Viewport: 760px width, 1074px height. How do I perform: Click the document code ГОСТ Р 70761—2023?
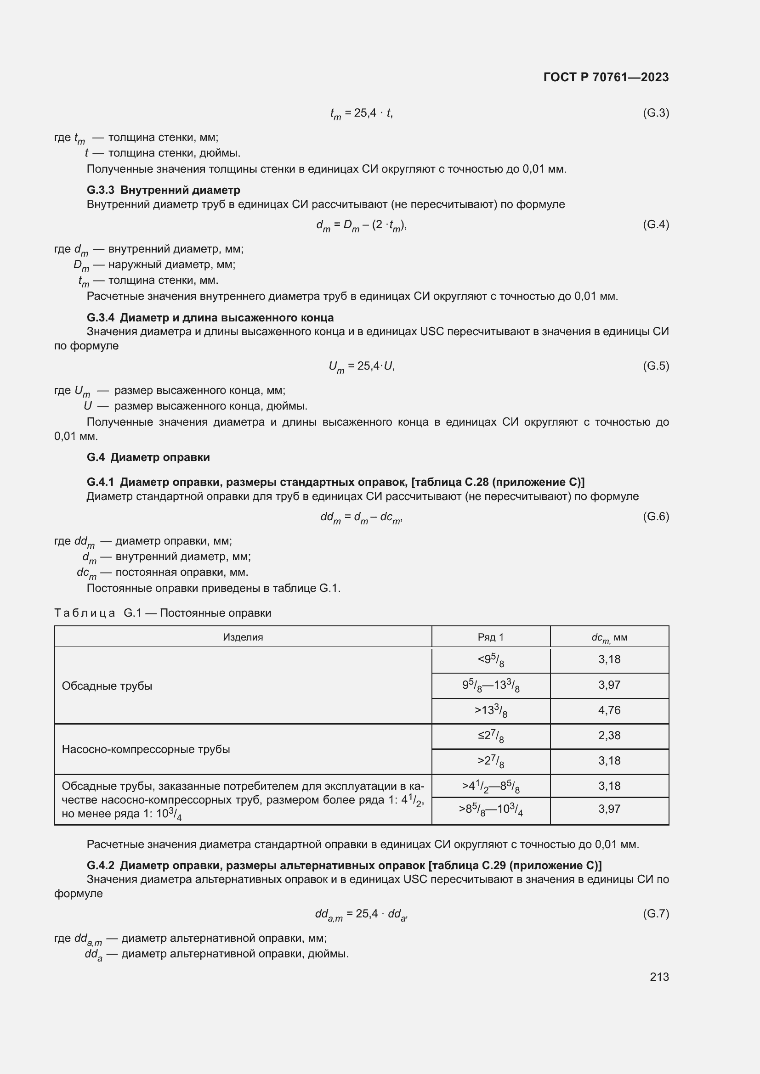pos(606,77)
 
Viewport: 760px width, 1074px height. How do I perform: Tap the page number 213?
pos(659,977)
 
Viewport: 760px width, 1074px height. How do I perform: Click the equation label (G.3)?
pos(656,113)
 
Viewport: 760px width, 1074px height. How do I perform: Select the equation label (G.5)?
pos(656,366)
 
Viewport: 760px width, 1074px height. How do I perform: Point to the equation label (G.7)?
pos(656,913)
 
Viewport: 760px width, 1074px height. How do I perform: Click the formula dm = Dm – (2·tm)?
pos(361,225)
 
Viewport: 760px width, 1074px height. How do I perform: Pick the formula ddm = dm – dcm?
pos(361,517)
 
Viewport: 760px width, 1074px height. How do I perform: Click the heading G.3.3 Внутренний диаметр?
pos(163,190)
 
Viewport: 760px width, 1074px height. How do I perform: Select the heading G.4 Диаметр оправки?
pos(148,457)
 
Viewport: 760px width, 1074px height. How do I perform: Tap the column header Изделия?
pos(243,637)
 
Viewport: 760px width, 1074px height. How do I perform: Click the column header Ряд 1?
pos(490,637)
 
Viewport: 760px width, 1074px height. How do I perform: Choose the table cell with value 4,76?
pos(609,710)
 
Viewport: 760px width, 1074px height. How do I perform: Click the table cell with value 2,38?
pos(609,735)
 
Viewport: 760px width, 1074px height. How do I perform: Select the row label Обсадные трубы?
pos(107,686)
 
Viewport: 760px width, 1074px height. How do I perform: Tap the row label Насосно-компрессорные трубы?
pos(146,749)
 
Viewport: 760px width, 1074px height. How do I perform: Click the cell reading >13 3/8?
pos(490,710)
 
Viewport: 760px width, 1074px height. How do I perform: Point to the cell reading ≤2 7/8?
pos(490,736)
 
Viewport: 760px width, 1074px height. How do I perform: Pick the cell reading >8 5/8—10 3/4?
pos(490,809)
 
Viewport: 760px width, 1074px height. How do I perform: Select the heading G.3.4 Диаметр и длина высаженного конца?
pos(210,318)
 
